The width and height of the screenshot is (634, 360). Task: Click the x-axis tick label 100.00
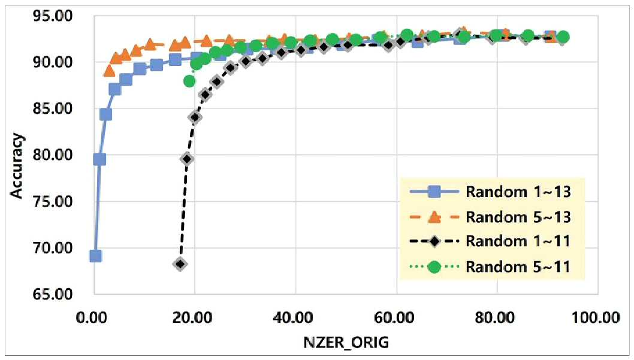tap(595, 317)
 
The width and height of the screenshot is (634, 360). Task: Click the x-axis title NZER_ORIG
tap(346, 342)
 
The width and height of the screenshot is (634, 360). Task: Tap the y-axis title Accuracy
tap(17, 166)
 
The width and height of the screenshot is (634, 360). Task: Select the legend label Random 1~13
tap(518, 192)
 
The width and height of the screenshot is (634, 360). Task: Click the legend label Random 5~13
tap(518, 217)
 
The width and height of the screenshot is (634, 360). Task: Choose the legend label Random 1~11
tap(518, 241)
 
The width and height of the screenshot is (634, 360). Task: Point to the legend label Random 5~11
tap(518, 267)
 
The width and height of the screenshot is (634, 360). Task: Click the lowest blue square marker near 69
tap(95, 256)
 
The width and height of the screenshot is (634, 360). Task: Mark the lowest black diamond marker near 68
tap(180, 264)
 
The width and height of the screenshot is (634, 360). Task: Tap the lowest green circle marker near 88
tap(189, 81)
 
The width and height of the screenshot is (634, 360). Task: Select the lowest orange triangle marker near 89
tap(109, 71)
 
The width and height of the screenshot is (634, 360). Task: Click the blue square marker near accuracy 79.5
tap(99, 159)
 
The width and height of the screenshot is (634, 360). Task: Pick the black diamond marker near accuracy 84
tap(195, 117)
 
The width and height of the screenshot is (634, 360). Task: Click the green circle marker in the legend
tap(434, 267)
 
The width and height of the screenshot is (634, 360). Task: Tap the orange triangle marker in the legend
tap(434, 217)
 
